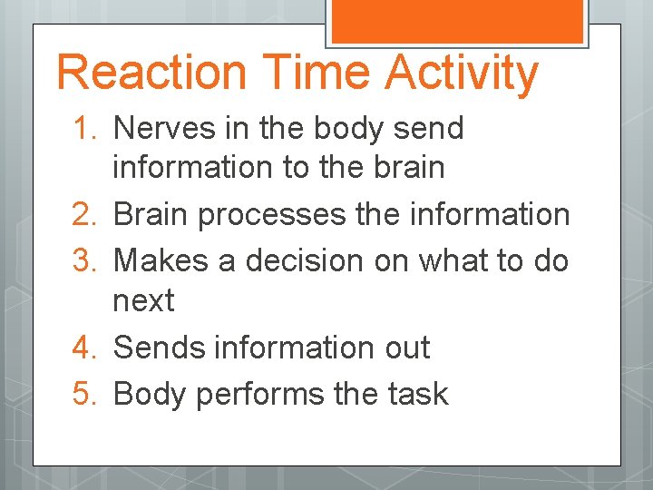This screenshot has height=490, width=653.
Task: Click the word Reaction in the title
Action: click(151, 73)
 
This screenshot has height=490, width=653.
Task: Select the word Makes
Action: click(158, 260)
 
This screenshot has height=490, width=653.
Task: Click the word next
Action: click(142, 301)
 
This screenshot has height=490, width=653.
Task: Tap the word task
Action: click(414, 394)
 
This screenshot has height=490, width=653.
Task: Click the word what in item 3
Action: click(447, 260)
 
